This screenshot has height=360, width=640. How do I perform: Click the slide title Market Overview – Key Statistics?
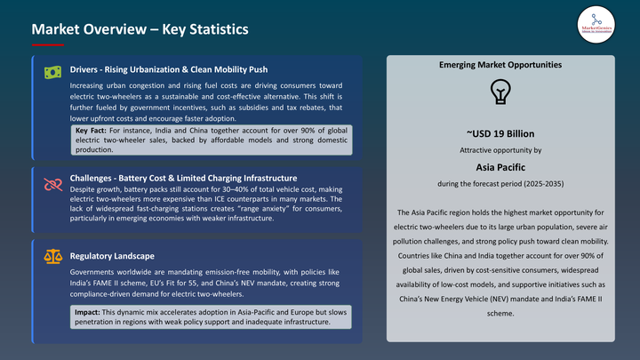(x=140, y=29)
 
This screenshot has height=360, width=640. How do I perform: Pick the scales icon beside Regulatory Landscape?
(x=52, y=257)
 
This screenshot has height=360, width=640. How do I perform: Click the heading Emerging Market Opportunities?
(x=500, y=65)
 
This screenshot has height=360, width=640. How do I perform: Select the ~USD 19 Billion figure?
(x=500, y=133)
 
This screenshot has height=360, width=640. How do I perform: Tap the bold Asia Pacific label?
(x=500, y=166)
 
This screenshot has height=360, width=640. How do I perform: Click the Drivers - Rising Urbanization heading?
(x=168, y=69)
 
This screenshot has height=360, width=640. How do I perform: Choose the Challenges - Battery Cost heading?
(x=183, y=178)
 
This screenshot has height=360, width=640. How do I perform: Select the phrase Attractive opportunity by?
(x=500, y=149)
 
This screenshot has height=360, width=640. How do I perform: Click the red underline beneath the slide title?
(x=47, y=44)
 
